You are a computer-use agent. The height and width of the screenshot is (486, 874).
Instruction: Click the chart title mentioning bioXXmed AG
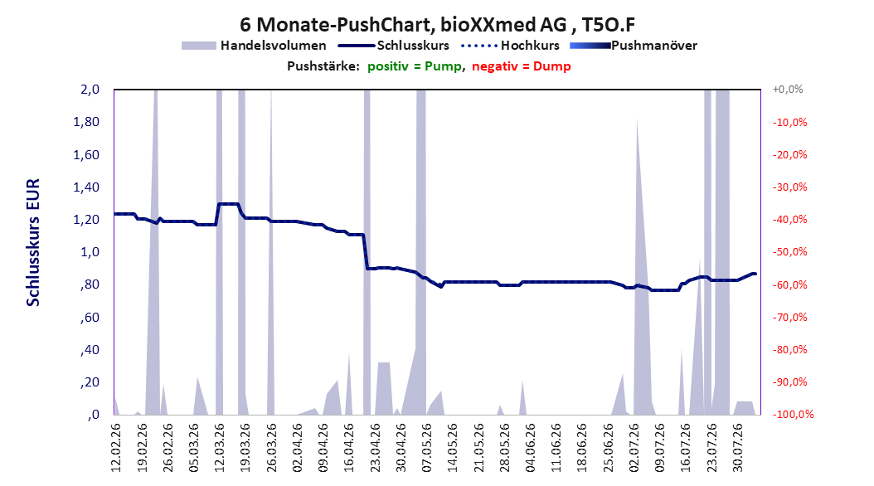tap(437, 25)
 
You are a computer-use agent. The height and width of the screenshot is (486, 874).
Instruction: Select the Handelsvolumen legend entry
tap(255, 46)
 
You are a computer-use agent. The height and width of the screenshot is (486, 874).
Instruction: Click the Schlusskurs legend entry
tap(394, 46)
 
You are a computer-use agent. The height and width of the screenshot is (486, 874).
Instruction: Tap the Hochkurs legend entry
tap(510, 46)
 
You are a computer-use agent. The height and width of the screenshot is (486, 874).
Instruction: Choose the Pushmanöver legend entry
tap(634, 46)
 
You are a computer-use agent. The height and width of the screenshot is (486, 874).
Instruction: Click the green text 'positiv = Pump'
tap(415, 66)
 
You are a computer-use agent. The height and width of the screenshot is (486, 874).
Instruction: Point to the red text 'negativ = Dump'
tap(522, 66)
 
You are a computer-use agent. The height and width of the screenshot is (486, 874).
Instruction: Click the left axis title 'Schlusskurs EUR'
tap(33, 242)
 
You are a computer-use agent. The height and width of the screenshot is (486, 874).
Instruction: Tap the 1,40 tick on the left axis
tap(86, 187)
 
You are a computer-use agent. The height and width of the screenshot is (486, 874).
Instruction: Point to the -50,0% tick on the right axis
tap(789, 252)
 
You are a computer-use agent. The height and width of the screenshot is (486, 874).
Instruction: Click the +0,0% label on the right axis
tap(788, 90)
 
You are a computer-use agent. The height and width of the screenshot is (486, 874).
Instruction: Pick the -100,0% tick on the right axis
tap(793, 414)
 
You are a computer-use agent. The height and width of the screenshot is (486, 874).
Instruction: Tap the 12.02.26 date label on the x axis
tap(116, 448)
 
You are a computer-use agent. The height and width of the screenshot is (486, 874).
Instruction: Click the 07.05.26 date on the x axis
tap(427, 448)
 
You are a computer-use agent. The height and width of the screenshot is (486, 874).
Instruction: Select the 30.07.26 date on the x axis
tap(738, 448)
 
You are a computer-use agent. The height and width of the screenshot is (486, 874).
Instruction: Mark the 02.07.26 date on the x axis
tap(634, 448)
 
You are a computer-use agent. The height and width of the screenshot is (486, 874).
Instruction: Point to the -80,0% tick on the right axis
tap(789, 349)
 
